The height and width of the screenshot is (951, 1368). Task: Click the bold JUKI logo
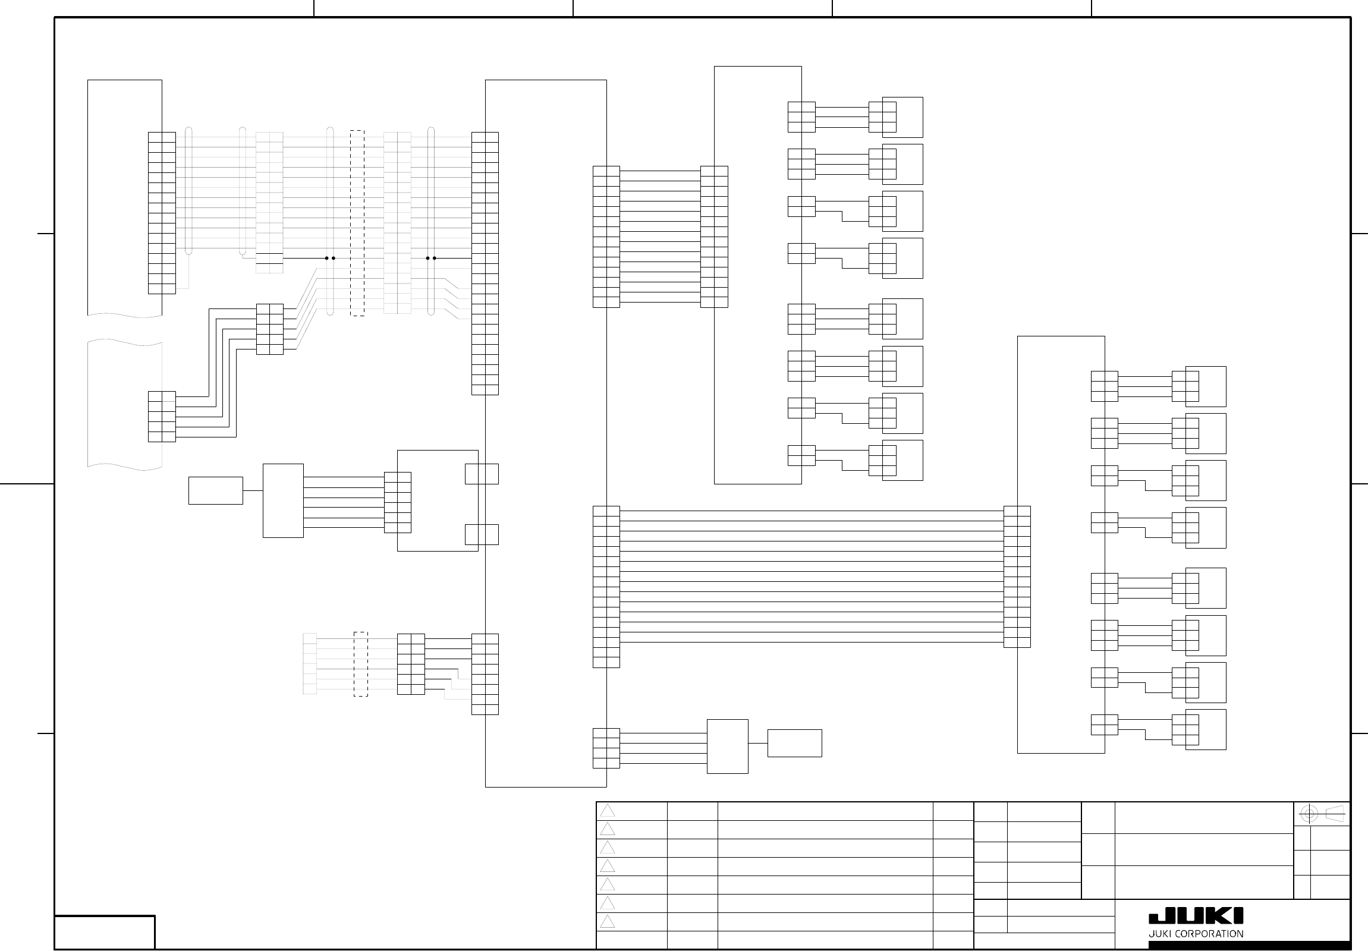[x=1195, y=916]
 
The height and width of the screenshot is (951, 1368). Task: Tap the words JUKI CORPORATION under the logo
[x=1195, y=934]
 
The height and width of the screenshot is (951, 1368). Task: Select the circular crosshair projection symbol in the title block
[x=1308, y=814]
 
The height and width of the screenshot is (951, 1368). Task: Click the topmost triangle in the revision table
[x=607, y=811]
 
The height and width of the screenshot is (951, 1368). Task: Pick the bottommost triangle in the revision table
[x=607, y=922]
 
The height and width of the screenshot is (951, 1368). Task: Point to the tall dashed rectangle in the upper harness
[x=357, y=223]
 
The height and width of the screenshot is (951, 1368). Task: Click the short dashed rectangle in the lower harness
[x=360, y=664]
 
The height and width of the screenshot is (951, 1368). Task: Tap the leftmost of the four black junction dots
[x=326, y=258]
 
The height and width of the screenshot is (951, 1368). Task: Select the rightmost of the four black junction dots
[x=435, y=258]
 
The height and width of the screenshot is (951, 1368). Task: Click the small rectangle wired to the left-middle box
[x=215, y=490]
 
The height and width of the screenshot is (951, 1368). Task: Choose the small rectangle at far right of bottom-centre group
[x=794, y=743]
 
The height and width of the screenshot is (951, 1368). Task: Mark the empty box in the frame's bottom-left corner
[x=105, y=932]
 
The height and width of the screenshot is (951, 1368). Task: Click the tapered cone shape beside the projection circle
[x=1335, y=814]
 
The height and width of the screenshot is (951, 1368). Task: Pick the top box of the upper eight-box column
[x=902, y=117]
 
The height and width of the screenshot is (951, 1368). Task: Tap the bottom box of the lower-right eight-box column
[x=1205, y=729]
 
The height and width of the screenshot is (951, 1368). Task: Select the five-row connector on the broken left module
[x=162, y=417]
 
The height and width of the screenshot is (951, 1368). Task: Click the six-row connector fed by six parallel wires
[x=397, y=502]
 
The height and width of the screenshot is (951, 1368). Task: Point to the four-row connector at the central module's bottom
[x=606, y=748]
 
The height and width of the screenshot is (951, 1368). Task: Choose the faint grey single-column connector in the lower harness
[x=309, y=664]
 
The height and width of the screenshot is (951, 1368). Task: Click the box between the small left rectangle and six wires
[x=283, y=500]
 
